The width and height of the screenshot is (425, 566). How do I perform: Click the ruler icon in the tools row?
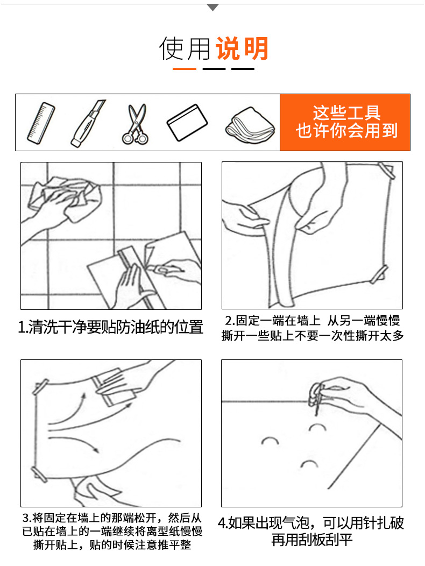tap(41, 123)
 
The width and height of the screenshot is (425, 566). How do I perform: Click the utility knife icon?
tap(88, 123)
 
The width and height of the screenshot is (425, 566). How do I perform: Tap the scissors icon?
tap(136, 124)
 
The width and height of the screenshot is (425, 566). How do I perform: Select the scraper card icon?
tap(187, 122)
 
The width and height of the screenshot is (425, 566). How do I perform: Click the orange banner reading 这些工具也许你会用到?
tap(345, 122)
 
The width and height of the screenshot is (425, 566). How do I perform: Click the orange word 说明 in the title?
tap(242, 48)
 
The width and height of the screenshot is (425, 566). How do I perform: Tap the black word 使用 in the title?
tap(185, 48)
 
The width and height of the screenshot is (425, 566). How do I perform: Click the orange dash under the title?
tap(185, 68)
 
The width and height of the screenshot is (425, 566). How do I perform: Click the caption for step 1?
tap(111, 327)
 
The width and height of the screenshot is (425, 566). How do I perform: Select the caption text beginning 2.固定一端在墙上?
tap(313, 328)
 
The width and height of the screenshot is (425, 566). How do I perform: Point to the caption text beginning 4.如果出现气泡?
tap(311, 531)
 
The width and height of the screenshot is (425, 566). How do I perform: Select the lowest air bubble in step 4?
tap(309, 464)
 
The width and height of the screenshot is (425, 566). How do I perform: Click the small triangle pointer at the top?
tap(212, 7)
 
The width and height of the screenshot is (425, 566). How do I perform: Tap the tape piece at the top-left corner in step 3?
tap(40, 387)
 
